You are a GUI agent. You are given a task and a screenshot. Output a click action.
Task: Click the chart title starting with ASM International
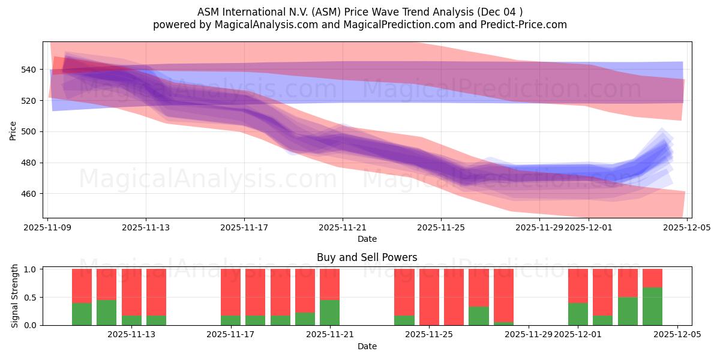359,11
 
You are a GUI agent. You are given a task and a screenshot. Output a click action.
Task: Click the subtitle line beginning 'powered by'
359,25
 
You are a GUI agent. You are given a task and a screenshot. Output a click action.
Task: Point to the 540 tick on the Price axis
30,70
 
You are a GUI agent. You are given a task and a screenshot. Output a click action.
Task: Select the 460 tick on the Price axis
30,194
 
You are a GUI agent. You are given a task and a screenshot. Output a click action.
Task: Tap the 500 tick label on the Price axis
30,131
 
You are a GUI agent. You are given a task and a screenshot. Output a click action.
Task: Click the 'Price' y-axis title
13,130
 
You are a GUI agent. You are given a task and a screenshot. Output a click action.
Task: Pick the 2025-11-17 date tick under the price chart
244,227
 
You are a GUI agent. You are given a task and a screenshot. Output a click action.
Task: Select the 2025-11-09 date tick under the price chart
47,227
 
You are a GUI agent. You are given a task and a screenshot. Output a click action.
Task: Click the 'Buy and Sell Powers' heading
367,257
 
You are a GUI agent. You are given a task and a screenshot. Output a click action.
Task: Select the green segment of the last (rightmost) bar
652,307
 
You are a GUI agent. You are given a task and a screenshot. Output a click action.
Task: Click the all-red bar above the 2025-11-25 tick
429,297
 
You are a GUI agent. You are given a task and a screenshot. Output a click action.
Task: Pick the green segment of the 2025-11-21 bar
329,313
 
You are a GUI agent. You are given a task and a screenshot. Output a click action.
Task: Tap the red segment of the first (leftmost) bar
82,286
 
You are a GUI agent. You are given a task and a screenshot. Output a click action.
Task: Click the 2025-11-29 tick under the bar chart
529,334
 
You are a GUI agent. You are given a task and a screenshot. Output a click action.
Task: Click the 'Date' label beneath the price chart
367,239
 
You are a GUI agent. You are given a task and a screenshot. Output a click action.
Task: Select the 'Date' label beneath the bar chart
367,346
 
